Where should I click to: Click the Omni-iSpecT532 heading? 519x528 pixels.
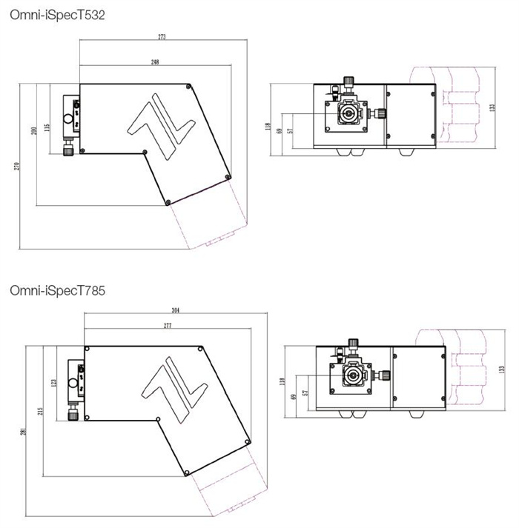click(x=57, y=15)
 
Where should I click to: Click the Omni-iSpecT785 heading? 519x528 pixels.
click(x=57, y=290)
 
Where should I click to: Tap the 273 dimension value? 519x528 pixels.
click(x=162, y=37)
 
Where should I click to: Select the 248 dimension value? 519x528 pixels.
click(x=155, y=62)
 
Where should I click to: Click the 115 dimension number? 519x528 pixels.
click(x=47, y=127)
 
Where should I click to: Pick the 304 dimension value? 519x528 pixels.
click(x=176, y=310)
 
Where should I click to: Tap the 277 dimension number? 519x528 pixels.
click(x=168, y=326)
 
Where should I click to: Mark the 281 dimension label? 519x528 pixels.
click(x=23, y=432)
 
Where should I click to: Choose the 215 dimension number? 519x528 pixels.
click(x=41, y=411)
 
